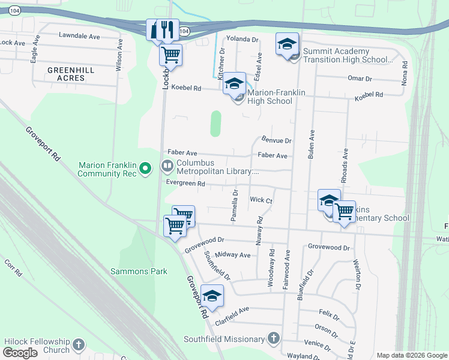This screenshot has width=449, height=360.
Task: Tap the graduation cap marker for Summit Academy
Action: click(x=288, y=44)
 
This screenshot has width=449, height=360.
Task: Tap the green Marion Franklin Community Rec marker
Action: click(x=145, y=170)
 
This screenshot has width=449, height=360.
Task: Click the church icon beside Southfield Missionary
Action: click(x=274, y=339)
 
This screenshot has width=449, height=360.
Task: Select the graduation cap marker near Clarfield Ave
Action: click(x=212, y=296)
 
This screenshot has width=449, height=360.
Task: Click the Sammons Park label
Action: click(x=139, y=271)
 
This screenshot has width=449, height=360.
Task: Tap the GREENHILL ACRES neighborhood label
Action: click(x=71, y=74)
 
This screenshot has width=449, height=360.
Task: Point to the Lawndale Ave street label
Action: click(x=79, y=36)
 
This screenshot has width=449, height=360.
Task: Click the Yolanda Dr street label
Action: click(x=242, y=39)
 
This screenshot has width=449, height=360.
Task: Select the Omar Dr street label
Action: click(x=360, y=79)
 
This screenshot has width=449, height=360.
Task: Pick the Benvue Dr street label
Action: click(x=276, y=140)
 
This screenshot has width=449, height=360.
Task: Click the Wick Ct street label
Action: click(x=262, y=199)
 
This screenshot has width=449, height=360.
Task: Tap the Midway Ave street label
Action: click(x=232, y=255)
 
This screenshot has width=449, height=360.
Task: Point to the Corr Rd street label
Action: click(x=14, y=268)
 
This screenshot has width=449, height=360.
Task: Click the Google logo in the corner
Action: click(x=20, y=353)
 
